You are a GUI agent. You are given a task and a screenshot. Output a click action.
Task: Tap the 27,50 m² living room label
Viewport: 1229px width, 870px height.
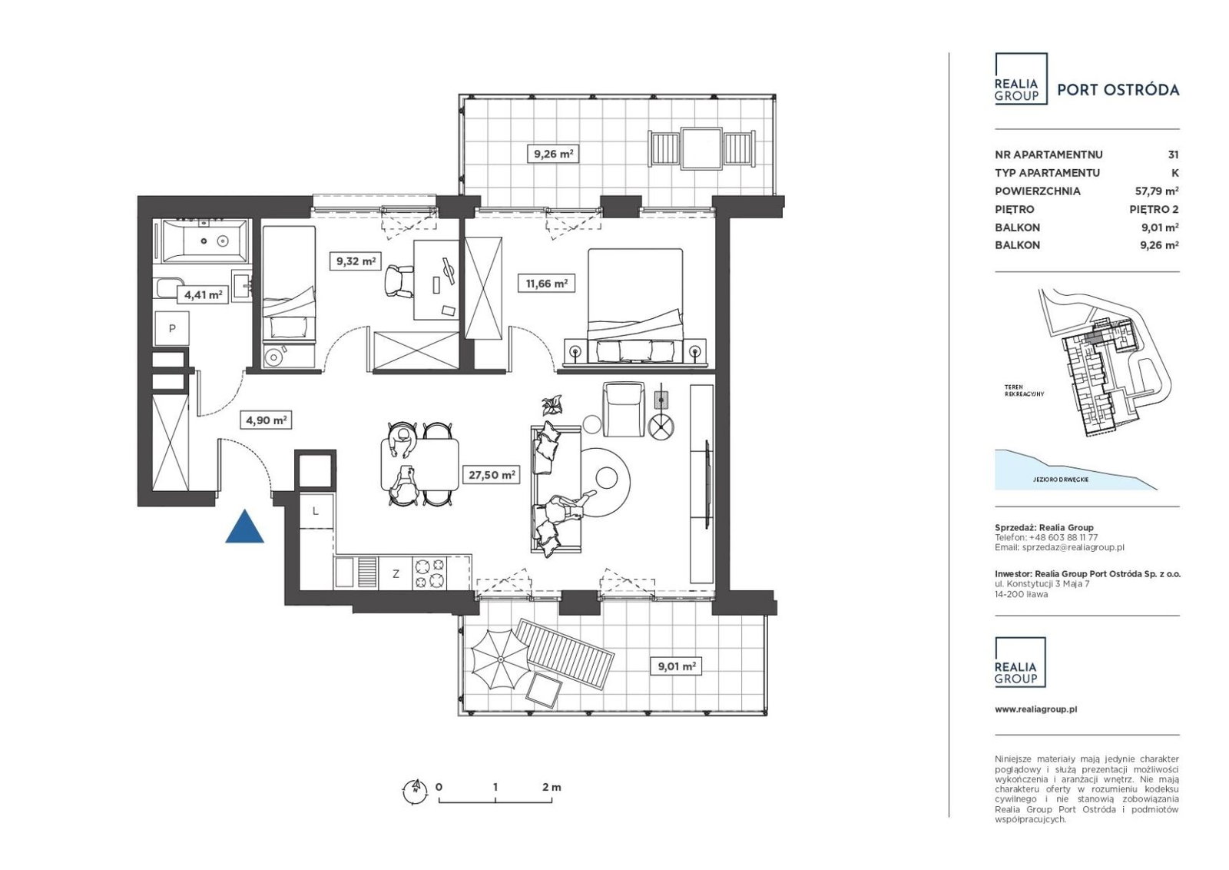pos(492,474)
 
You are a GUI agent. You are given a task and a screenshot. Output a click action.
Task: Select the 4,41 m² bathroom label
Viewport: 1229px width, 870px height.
pos(203,295)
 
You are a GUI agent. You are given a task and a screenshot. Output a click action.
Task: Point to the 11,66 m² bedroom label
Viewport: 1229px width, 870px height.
pos(546,284)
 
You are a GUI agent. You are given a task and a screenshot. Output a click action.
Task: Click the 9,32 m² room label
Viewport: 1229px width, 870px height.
pos(356,261)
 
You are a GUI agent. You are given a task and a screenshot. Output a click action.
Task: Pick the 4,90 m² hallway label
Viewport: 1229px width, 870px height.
pos(266,420)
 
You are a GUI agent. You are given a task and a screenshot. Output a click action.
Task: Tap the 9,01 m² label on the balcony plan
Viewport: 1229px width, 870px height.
pos(677,666)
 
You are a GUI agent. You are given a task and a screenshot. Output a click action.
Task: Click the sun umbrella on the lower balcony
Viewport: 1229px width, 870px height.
pos(500,659)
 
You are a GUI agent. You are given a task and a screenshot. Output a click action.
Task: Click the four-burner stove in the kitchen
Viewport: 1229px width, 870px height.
pos(429,573)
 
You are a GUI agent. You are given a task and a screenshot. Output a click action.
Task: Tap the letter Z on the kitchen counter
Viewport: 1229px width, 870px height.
pos(396,574)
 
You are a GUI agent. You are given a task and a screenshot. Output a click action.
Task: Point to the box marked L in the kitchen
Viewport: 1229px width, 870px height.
pos(316,511)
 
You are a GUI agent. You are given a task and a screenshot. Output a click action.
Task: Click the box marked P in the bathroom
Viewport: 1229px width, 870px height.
pos(172,329)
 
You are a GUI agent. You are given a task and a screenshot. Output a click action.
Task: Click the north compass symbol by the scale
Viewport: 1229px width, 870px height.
pos(415,789)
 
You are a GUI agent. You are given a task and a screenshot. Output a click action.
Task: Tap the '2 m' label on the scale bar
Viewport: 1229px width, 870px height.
pos(552,787)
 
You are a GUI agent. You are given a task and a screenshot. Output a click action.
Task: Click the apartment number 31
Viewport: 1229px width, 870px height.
pos(1173,154)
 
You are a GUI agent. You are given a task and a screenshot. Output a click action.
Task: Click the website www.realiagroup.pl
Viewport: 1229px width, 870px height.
pos(1036,709)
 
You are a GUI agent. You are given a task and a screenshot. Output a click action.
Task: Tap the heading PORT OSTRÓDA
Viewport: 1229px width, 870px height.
pos(1118,90)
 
